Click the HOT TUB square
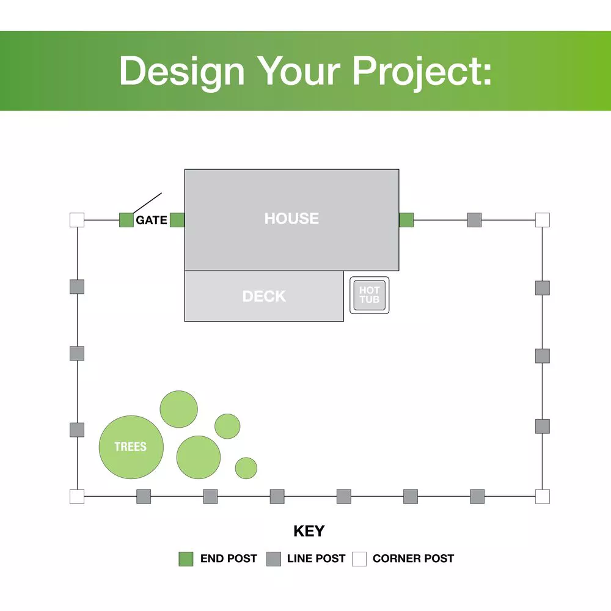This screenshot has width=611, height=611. pyautogui.click(x=370, y=295)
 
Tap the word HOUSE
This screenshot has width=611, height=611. pyautogui.click(x=291, y=218)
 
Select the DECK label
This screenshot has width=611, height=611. pyautogui.click(x=264, y=296)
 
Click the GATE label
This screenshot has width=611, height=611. pyautogui.click(x=152, y=220)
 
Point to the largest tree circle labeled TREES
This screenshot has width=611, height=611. pyautogui.click(x=131, y=447)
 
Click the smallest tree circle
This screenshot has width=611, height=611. pyautogui.click(x=246, y=468)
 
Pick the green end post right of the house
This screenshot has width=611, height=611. pyautogui.click(x=406, y=220)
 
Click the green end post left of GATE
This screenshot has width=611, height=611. pyautogui.click(x=126, y=220)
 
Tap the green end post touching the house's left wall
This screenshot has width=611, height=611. pyautogui.click(x=177, y=220)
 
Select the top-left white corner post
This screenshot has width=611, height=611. pyautogui.click(x=77, y=220)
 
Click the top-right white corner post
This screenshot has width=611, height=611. pyautogui.click(x=543, y=220)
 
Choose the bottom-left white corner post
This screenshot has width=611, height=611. pyautogui.click(x=77, y=496)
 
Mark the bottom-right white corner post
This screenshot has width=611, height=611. pyautogui.click(x=543, y=496)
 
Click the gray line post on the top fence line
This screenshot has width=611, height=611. pyautogui.click(x=474, y=220)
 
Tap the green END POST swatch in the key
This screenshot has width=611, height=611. pyautogui.click(x=186, y=559)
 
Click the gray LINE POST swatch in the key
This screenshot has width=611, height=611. pyautogui.click(x=274, y=559)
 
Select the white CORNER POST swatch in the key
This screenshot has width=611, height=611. pyautogui.click(x=359, y=559)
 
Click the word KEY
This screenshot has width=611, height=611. pyautogui.click(x=309, y=531)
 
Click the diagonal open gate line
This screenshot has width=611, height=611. pyautogui.click(x=147, y=203)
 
